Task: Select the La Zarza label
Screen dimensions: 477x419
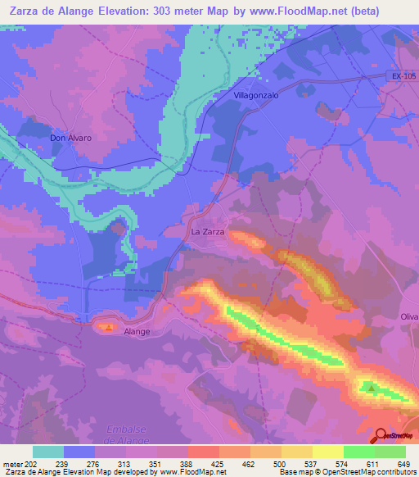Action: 208,232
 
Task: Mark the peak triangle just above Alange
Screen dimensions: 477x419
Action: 110,326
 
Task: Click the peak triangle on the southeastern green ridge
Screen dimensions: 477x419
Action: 372,388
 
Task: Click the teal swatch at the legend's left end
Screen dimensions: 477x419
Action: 48,452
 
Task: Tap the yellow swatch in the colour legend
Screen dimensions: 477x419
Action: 327,452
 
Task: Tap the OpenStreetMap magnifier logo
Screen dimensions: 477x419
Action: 381,436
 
